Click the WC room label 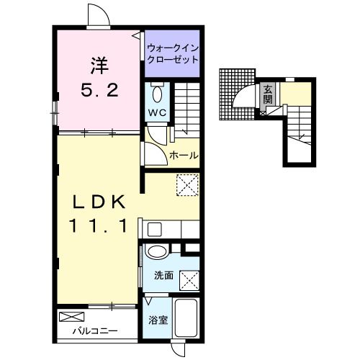coord(157,112)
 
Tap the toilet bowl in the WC coord(158,94)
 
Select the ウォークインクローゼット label coord(173,53)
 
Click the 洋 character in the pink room coord(99,66)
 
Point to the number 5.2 coord(99,90)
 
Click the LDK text coord(99,202)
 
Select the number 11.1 coord(98,226)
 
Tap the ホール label coord(184,156)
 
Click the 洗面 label coord(163,276)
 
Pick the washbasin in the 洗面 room coord(157,251)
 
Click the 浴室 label coord(158,320)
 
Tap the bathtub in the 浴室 coord(186,318)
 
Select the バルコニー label coord(95,331)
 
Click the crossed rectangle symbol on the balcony coord(72,317)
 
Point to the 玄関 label coord(268,94)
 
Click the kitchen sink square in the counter coord(155,230)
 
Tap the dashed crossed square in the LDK coord(187,185)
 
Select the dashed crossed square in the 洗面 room coord(189,281)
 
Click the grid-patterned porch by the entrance coord(237,94)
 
